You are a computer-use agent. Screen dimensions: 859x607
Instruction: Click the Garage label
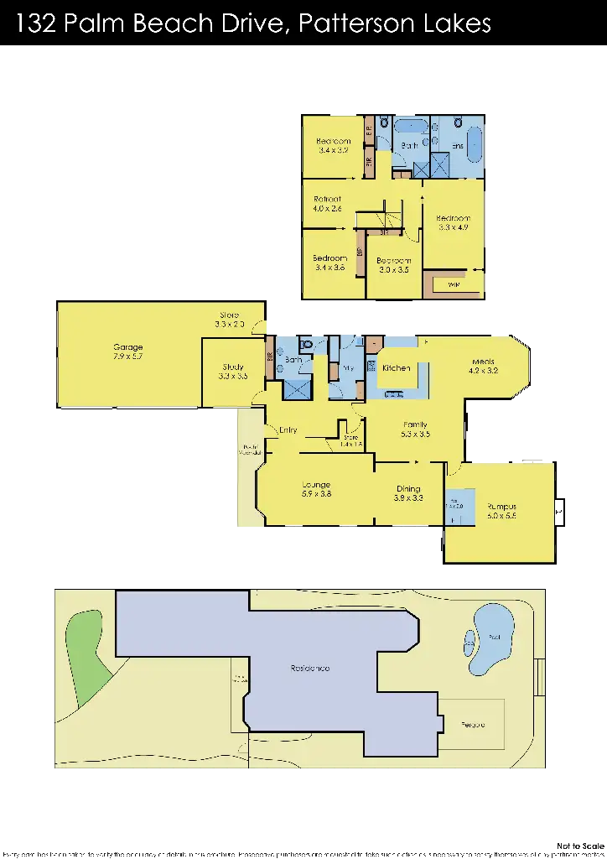(x=128, y=347)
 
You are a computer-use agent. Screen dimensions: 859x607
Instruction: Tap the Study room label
(x=233, y=367)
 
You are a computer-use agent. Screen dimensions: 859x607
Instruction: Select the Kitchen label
(x=396, y=368)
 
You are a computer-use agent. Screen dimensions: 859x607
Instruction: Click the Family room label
(x=415, y=424)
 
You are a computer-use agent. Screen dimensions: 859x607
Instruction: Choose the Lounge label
(x=315, y=485)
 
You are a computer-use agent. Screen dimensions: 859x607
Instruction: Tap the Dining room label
(x=407, y=489)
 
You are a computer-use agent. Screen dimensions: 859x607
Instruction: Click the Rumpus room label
(x=501, y=507)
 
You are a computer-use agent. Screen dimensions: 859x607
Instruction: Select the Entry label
(x=288, y=430)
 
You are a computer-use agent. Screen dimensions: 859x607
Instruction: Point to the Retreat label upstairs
(x=327, y=199)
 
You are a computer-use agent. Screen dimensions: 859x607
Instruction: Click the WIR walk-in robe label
(x=454, y=285)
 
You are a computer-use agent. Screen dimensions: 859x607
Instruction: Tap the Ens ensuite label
(x=458, y=146)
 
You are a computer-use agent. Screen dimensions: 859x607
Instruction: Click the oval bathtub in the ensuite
(x=473, y=146)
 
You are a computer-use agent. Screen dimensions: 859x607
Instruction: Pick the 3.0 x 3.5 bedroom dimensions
(x=393, y=270)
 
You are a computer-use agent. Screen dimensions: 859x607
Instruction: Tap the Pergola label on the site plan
(x=472, y=724)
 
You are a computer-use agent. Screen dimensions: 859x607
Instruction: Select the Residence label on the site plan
(x=309, y=668)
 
